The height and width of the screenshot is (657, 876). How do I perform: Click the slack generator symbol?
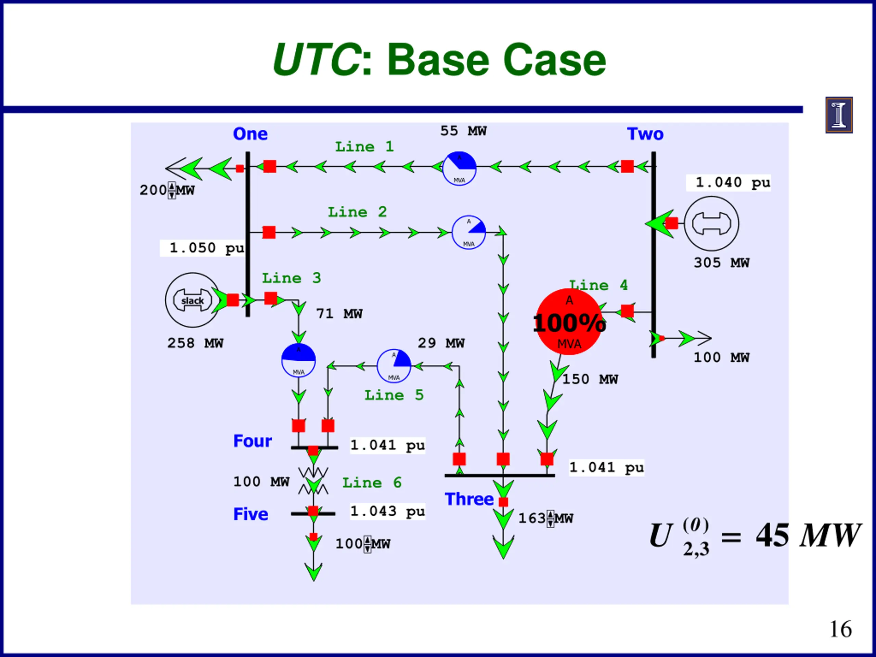click(192, 300)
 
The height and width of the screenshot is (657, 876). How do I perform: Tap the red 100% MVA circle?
click(569, 322)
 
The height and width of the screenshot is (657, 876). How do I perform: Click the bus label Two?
click(645, 134)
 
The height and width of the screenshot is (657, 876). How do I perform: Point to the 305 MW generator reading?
click(721, 263)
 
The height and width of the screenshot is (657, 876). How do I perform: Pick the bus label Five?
click(251, 514)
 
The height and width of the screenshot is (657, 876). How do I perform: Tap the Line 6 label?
click(372, 483)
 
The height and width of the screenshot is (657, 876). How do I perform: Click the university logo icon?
click(839, 115)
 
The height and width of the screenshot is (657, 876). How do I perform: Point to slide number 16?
click(840, 629)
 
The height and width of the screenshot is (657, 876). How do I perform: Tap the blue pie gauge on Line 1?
click(459, 169)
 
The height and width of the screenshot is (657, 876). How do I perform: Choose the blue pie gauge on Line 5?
click(394, 366)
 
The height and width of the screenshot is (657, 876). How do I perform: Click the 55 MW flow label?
click(463, 131)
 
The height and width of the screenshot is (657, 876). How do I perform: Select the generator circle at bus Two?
click(711, 224)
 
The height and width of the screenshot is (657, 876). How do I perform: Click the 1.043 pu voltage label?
click(387, 511)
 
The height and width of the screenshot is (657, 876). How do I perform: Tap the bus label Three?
click(469, 499)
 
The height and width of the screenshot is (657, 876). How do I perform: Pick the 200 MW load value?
click(167, 191)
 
